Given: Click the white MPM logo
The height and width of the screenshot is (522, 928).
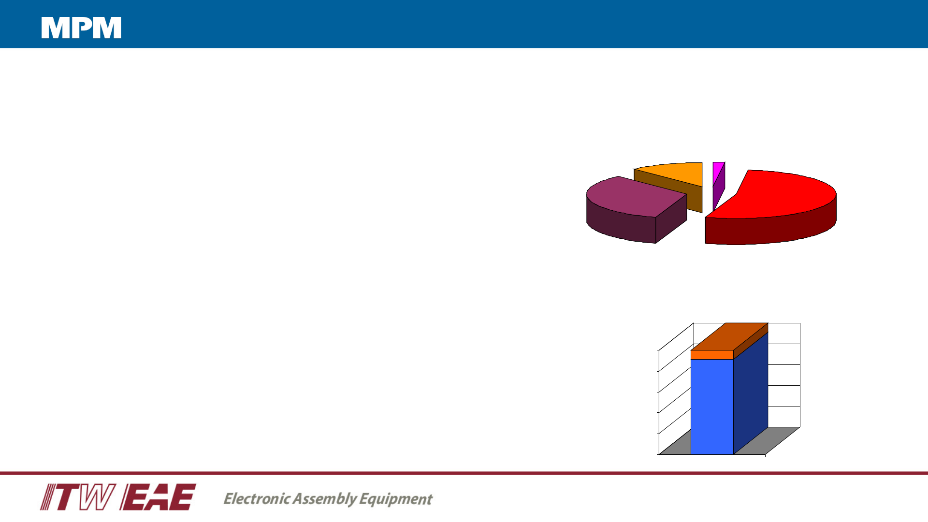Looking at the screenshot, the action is point(81,28).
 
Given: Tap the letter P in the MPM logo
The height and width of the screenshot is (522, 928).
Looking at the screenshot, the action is point(81,28).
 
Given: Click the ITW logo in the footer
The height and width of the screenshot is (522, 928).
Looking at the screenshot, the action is point(77,497).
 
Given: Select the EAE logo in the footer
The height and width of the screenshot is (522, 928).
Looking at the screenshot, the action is point(158,497).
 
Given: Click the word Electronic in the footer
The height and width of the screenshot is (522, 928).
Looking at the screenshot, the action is point(257,498).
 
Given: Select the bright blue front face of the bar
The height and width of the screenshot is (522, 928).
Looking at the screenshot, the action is point(712,406).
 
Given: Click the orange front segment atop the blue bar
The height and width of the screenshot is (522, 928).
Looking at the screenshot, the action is point(712,355).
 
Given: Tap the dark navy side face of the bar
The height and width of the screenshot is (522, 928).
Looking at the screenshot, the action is point(751,393).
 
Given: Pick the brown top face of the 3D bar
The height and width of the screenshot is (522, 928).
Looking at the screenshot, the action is point(730,336).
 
